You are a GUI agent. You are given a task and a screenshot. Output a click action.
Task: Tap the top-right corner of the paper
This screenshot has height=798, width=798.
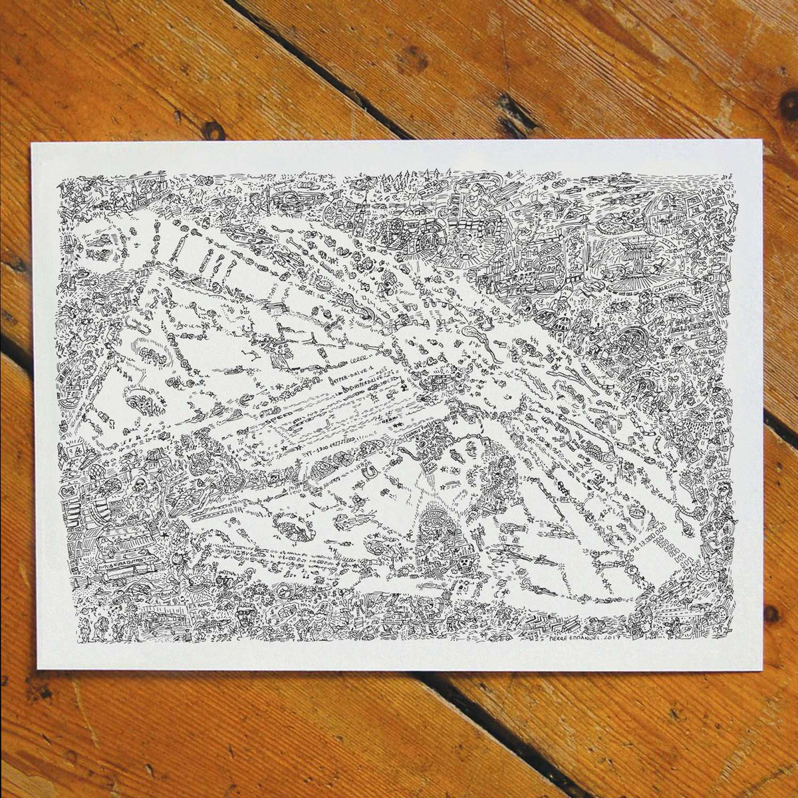761,141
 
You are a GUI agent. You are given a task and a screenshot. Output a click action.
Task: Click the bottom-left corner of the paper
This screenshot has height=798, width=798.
38,668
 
